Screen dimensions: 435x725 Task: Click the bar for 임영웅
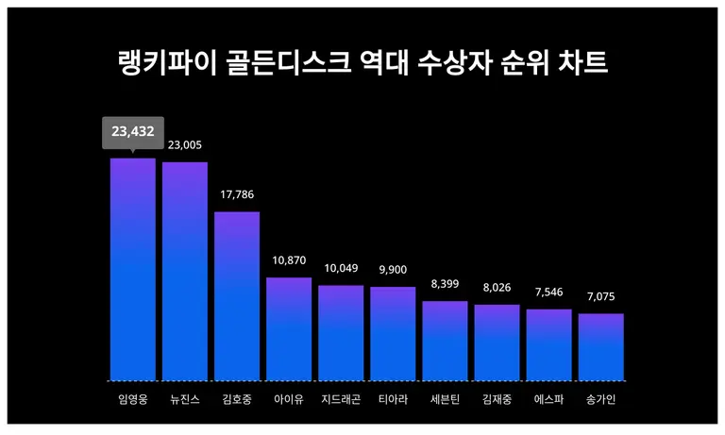coord(132,269)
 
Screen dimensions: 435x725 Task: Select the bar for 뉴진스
coord(185,271)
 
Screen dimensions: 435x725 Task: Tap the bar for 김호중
coord(237,295)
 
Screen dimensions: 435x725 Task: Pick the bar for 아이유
coord(289,328)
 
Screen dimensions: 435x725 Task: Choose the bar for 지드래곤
coord(341,332)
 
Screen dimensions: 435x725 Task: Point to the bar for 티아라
coord(393,333)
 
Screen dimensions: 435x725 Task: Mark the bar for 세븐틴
coord(445,341)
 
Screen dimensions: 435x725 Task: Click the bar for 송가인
coord(600,346)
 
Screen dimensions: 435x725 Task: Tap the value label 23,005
coord(185,145)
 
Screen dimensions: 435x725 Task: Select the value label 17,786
coord(237,194)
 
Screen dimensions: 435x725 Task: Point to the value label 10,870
coord(289,260)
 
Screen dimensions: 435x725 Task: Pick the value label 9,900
coord(393,270)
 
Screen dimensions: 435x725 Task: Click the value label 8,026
coord(497,288)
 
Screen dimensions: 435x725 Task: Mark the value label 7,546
coord(548,293)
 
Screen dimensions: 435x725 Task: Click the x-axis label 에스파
coord(548,399)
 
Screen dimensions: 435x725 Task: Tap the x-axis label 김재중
coord(497,399)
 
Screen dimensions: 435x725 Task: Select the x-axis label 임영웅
coord(132,399)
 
